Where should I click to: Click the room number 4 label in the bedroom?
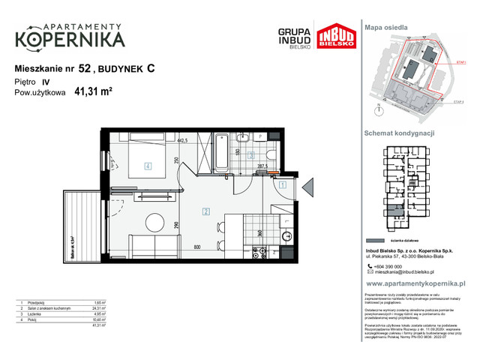pos(148,166)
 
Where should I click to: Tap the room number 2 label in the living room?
pos(205,212)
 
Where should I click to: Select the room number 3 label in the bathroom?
pos(252,157)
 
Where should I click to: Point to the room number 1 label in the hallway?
pos(282,184)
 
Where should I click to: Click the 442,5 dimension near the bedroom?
pos(181,140)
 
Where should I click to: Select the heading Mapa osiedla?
pos(386,26)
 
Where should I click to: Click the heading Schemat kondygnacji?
pos(400,133)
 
